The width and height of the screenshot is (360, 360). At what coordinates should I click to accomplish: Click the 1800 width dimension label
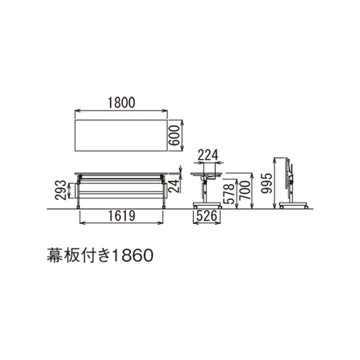(121, 103)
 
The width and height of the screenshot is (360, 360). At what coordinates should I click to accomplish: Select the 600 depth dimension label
(174, 135)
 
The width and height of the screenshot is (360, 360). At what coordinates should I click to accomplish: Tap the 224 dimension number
(208, 155)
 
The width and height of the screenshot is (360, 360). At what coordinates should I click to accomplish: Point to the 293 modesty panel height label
(61, 190)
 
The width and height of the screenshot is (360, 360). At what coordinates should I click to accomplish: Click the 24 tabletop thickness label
(174, 186)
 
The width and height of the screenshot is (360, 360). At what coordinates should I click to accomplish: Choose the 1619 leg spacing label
(121, 216)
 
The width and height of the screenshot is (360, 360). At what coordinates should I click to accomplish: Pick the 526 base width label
(207, 216)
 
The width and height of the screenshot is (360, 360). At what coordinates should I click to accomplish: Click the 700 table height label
(244, 190)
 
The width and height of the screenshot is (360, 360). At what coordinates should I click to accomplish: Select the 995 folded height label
(266, 183)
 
